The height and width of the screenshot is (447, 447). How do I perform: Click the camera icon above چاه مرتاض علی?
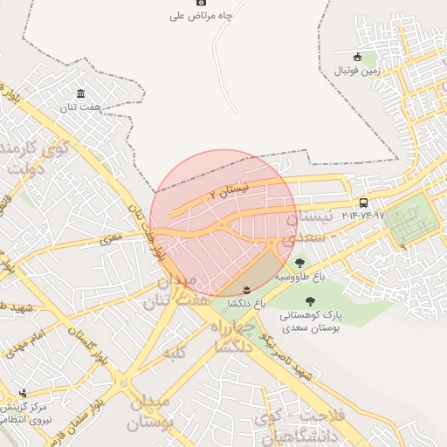click(202, 3)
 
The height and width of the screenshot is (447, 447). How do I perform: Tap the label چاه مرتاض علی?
click(202, 16)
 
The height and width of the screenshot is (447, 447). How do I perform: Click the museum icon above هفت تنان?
click(81, 93)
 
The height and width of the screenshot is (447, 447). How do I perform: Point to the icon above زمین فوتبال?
click(359, 58)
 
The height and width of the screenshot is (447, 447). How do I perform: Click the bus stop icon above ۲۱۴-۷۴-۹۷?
click(363, 202)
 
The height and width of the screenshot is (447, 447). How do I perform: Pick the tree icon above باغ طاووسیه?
click(300, 262)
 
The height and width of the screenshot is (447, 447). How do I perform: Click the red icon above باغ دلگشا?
click(246, 289)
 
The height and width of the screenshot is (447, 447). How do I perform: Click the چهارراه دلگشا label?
click(244, 334)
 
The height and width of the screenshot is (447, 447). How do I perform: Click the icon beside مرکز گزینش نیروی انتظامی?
click(24, 392)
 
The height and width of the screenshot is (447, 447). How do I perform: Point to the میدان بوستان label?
click(151, 412)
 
